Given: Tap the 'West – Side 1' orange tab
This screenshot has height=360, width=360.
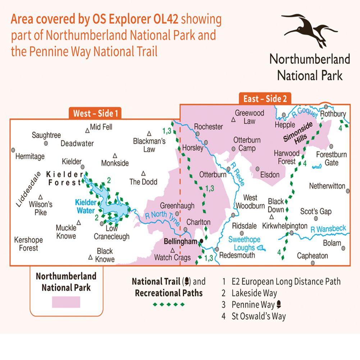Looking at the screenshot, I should pos(95,113).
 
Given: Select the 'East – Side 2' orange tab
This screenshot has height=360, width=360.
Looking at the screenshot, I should pos(265,99).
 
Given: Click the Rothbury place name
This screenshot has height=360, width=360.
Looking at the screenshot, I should pos(333,114).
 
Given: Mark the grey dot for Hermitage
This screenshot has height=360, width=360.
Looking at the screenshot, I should pos(13,150).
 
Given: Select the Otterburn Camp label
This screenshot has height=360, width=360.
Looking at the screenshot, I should pos(245,144).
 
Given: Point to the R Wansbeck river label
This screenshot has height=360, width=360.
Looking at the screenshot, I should pos(328,229).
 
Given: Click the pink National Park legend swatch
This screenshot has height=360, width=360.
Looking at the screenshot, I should pos(66,302).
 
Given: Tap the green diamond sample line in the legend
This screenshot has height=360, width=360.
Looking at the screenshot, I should pos(169,305).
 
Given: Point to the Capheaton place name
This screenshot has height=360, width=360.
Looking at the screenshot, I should pos(313,256).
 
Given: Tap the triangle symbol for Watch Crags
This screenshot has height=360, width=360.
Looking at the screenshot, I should pos(173,250).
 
